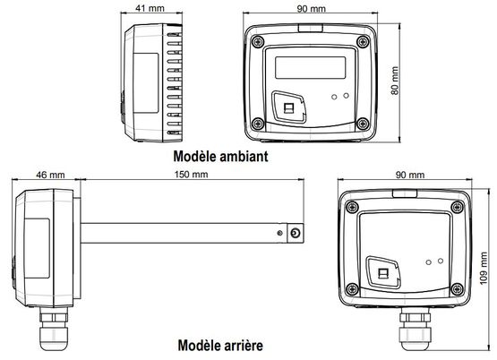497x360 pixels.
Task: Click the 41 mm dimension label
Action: pyautogui.click(x=150, y=8)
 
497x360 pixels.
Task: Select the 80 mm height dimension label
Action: pyautogui.click(x=395, y=81)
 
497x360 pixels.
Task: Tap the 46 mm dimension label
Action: pyautogui.click(x=50, y=175)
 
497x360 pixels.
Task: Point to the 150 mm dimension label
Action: pyautogui.click(x=191, y=175)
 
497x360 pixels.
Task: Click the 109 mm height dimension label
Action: pyautogui.click(x=484, y=269)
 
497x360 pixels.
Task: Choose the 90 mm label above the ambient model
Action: pyautogui.click(x=312, y=9)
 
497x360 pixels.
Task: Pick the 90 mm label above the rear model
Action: pyautogui.click(x=410, y=175)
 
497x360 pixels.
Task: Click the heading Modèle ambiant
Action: pyautogui.click(x=220, y=156)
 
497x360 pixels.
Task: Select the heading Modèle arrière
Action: pyautogui.click(x=220, y=345)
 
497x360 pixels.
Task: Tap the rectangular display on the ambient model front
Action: pyautogui.click(x=311, y=67)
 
